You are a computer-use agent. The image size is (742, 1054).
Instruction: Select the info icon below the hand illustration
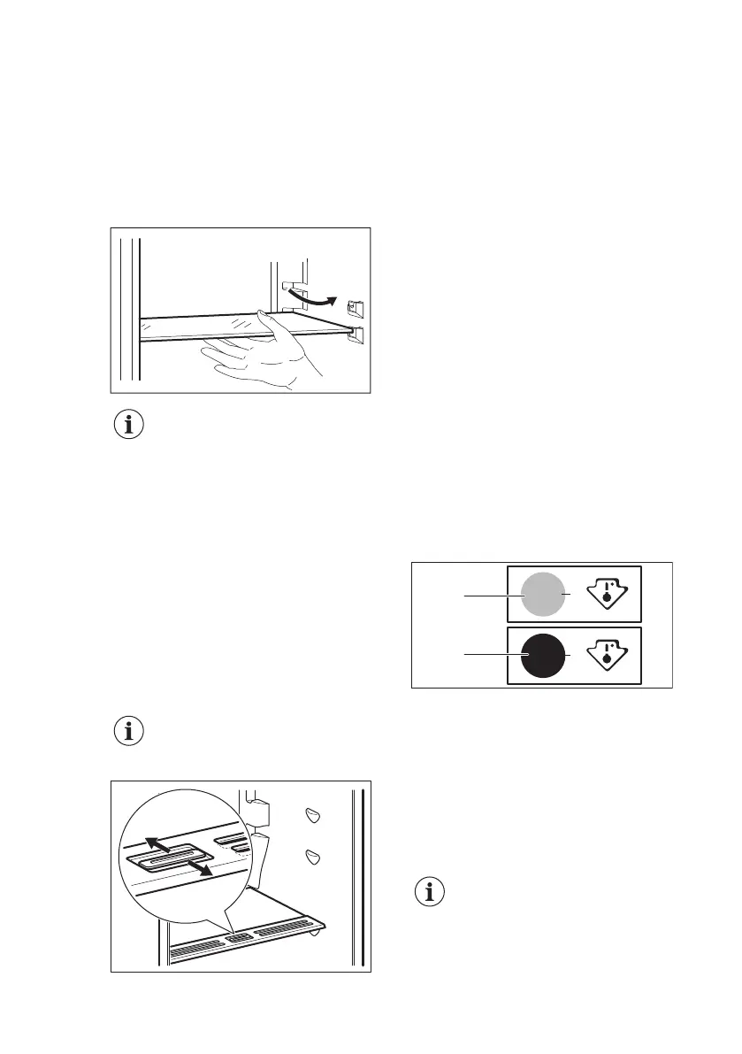(130, 425)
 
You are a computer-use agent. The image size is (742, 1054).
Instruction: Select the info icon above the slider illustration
(130, 732)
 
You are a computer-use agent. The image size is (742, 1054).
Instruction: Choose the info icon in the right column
(431, 893)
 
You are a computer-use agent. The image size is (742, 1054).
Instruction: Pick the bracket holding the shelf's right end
(356, 335)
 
